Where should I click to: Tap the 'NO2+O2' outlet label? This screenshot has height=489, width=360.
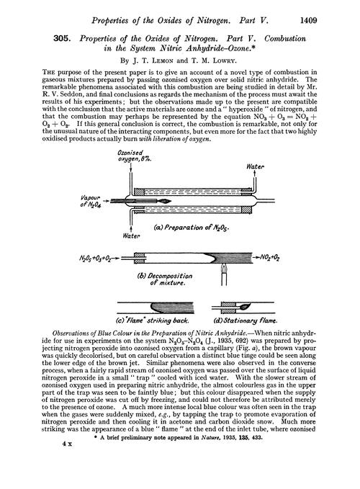(287, 256)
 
